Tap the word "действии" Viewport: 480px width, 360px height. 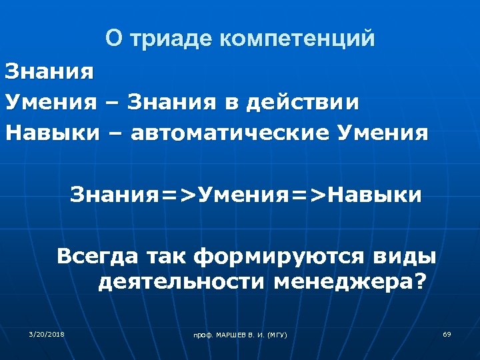[303, 103]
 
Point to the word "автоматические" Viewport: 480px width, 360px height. [229, 133]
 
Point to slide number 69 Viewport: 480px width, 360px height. [447, 333]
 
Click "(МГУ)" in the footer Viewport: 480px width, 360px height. [277, 334]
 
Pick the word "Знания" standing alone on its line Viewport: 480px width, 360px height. [49, 71]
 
